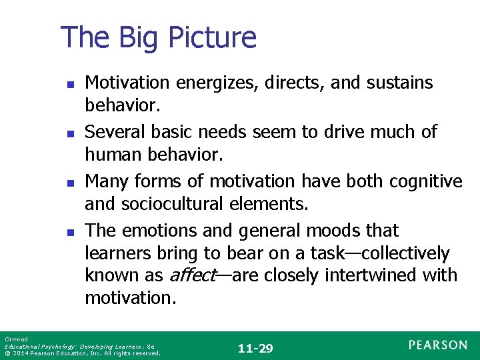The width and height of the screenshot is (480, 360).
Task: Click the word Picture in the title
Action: click(215, 38)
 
